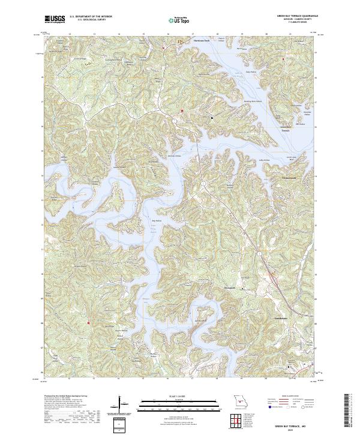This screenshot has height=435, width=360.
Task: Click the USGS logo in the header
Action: click(x=55, y=19)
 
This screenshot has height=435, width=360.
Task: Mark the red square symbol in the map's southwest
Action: click(x=88, y=324)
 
